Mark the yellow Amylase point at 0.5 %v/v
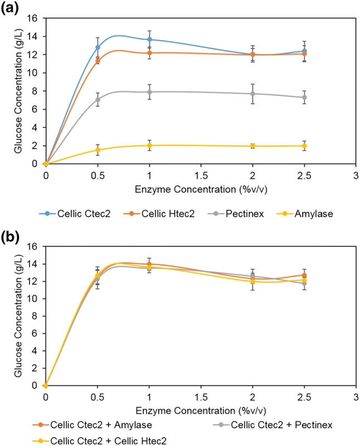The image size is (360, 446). (x=98, y=150)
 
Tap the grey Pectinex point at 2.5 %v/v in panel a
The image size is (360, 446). (x=304, y=97)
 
